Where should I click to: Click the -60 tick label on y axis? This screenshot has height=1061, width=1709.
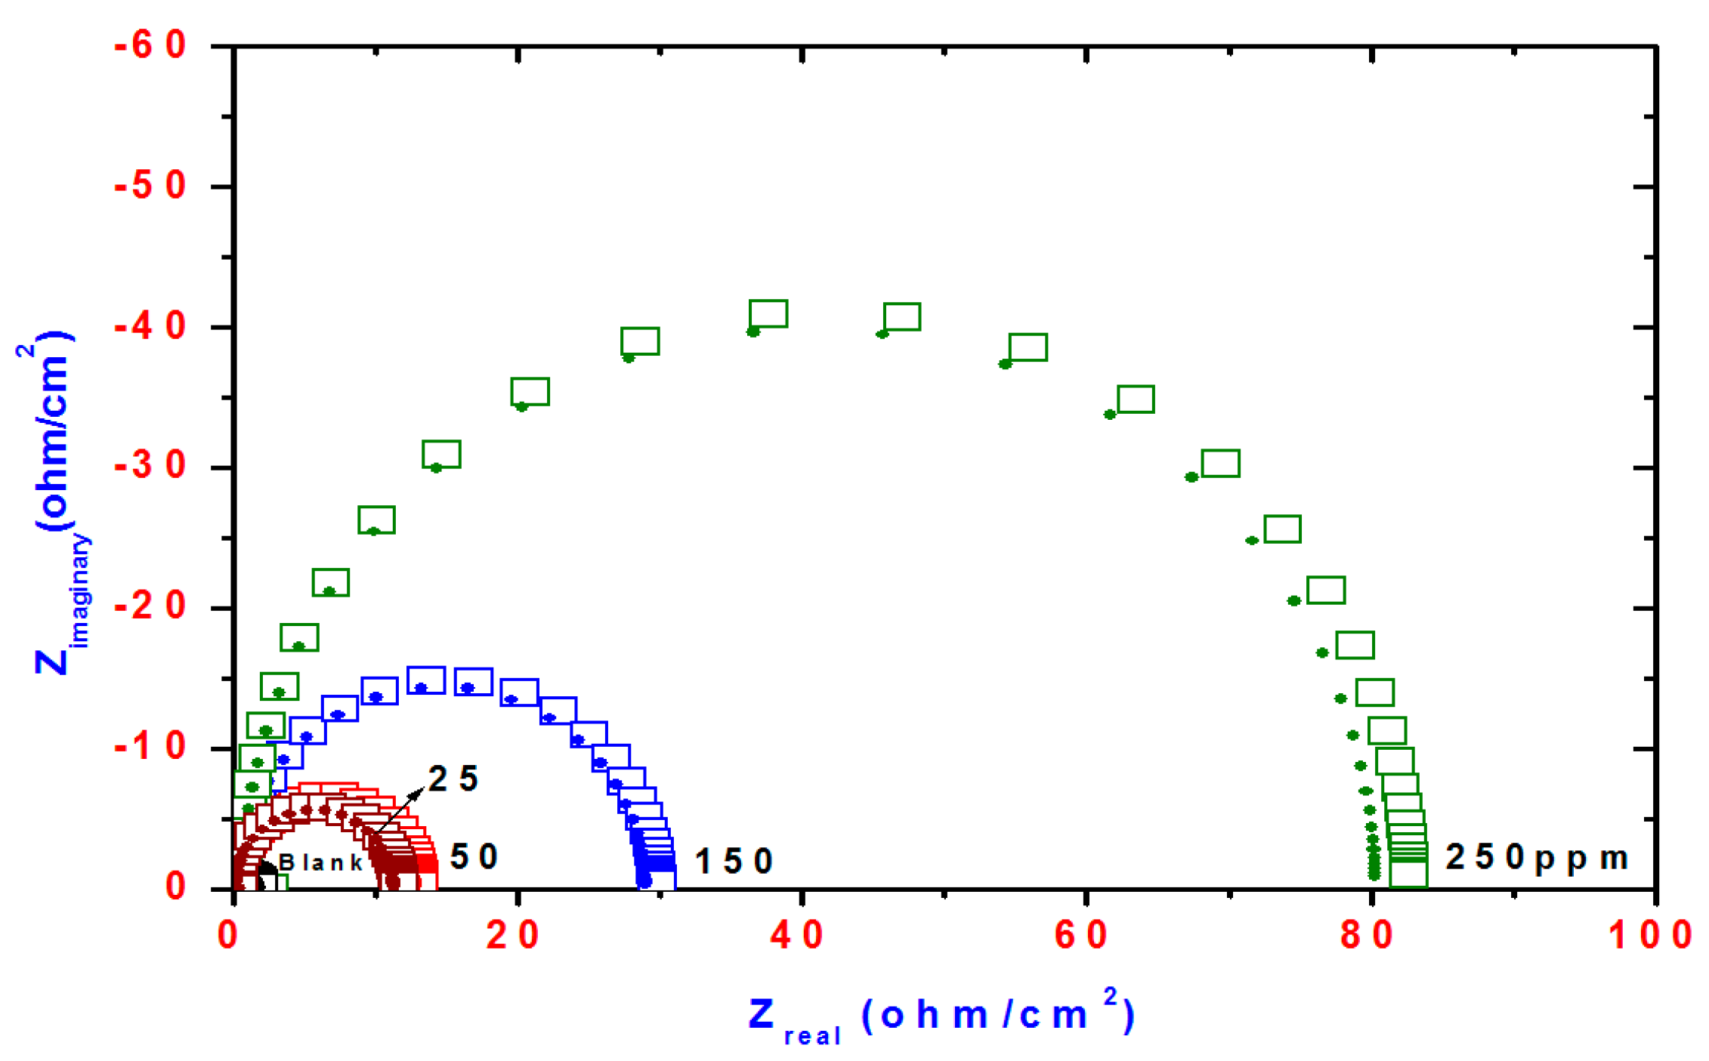pos(150,46)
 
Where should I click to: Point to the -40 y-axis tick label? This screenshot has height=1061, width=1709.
pos(150,328)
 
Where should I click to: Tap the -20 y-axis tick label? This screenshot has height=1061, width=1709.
pos(150,607)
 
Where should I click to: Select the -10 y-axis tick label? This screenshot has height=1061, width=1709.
pos(150,748)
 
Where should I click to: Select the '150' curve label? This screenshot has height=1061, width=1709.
pos(734,862)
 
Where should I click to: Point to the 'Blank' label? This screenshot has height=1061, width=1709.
pos(321,862)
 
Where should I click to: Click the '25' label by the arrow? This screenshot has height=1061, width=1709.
pos(453,779)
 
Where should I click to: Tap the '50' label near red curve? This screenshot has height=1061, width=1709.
pos(474,857)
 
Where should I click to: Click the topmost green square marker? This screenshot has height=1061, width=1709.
pos(768,313)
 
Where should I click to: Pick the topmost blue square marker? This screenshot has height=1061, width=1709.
pos(426,680)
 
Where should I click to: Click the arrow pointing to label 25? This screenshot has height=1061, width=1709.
pos(398,812)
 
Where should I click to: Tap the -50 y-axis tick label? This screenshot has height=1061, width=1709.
pos(150,187)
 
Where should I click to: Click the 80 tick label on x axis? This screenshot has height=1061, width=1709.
pos(1366,936)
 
